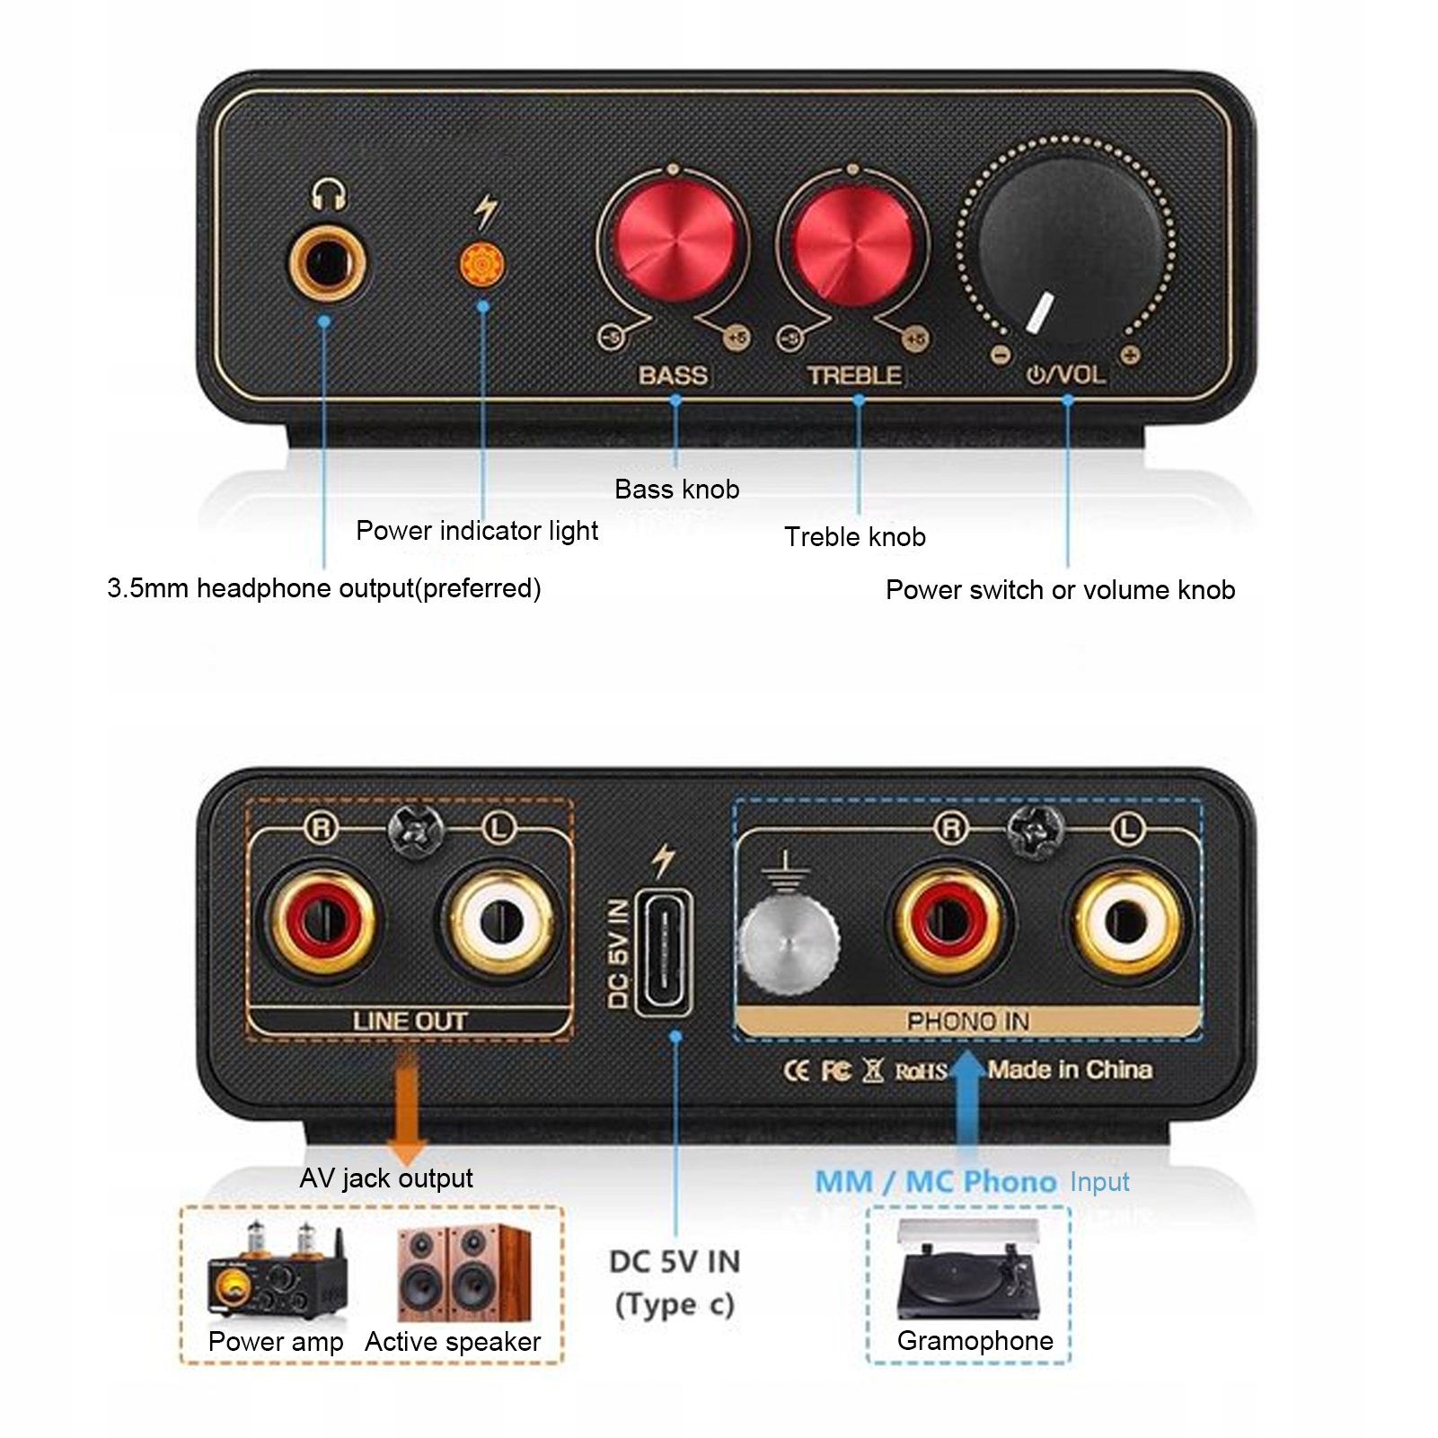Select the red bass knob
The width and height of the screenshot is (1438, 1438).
coord(672,243)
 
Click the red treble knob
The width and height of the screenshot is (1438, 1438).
coord(852,243)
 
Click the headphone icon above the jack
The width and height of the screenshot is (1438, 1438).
coord(329,195)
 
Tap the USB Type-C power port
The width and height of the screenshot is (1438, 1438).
coord(664,953)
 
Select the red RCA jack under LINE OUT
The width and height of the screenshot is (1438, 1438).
coord(321,921)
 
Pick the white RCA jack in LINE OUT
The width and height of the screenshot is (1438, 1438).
coord(499,921)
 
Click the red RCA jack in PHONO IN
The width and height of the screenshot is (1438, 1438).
coord(948,921)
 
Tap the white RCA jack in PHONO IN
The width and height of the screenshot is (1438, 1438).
coord(1126,921)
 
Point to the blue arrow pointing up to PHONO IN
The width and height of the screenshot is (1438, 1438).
coord(966,1105)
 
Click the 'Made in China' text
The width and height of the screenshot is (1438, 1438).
coord(1070,1070)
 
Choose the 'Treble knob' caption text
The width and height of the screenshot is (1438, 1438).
coord(854,537)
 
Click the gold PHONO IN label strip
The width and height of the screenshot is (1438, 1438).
coord(967,1021)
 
